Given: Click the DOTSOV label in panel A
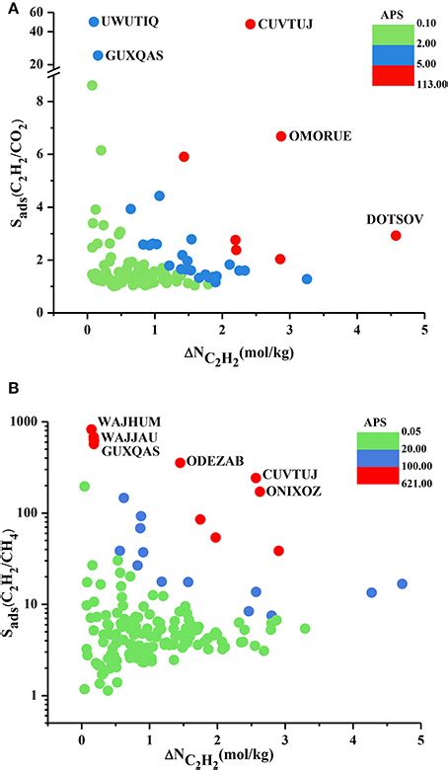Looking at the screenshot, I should [x=397, y=220].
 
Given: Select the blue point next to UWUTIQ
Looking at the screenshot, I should [x=94, y=22].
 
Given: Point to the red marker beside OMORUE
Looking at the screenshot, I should [x=281, y=136].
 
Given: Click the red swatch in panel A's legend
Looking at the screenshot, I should [x=399, y=75].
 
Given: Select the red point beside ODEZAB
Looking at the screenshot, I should [x=181, y=463].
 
